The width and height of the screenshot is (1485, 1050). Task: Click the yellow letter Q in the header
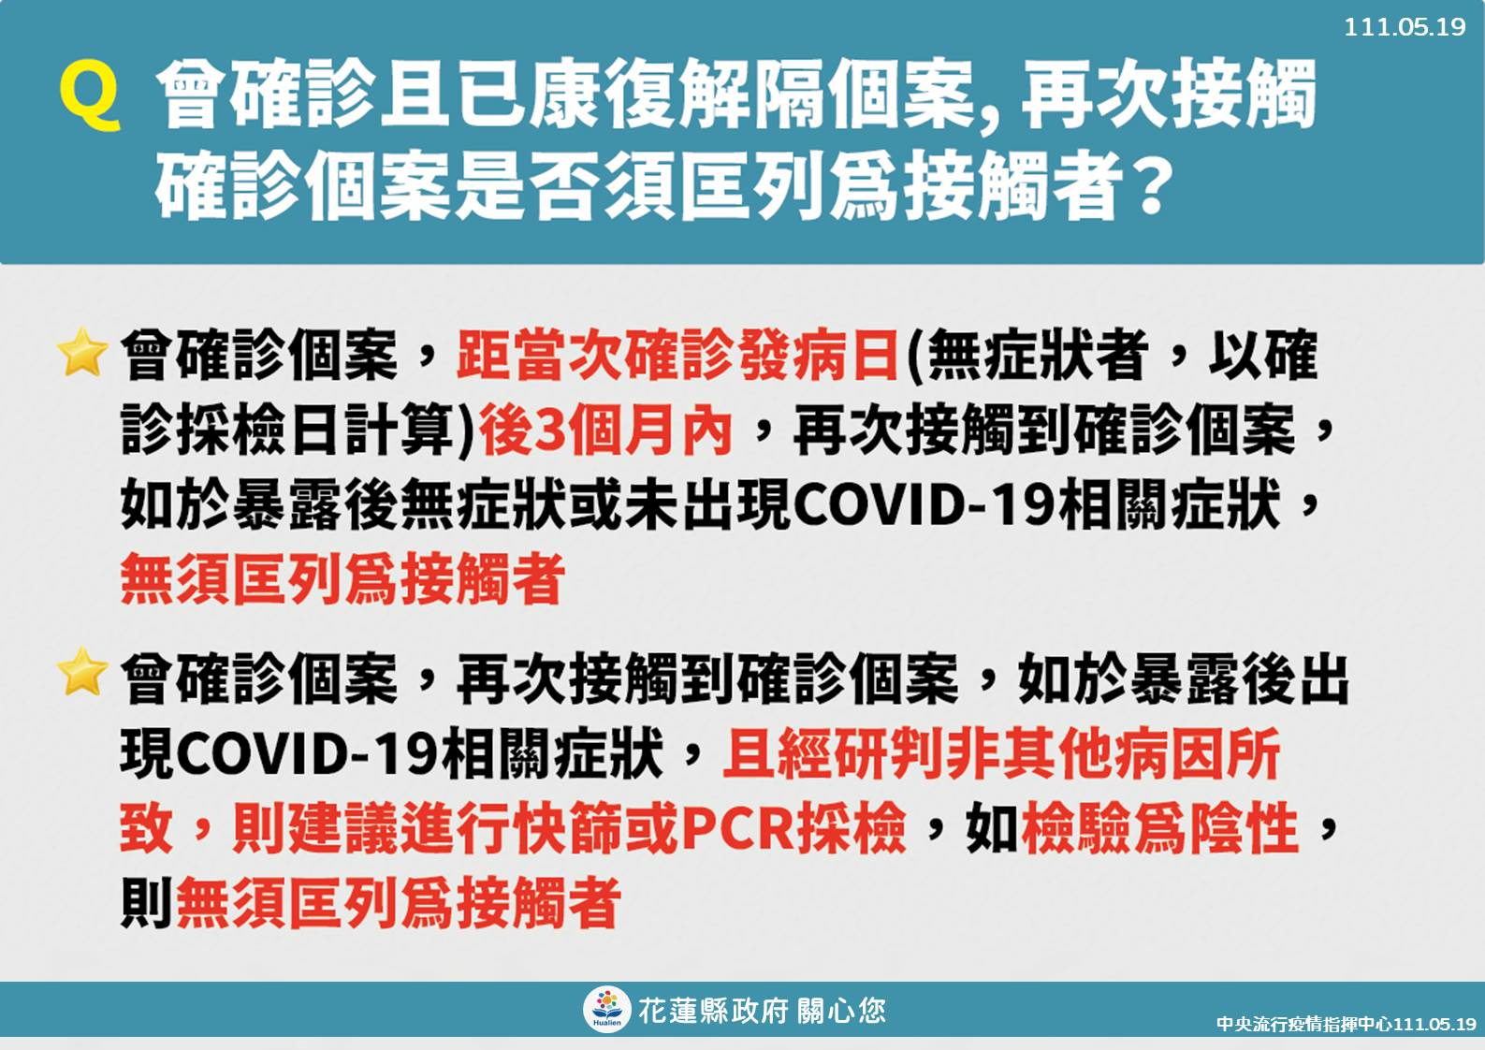tap(90, 95)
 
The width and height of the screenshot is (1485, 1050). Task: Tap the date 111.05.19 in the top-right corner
tap(1405, 26)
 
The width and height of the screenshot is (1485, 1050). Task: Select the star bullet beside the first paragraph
tap(82, 351)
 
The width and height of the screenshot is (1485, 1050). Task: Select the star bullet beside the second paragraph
tap(82, 672)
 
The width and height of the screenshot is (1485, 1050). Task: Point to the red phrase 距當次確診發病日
tap(677, 356)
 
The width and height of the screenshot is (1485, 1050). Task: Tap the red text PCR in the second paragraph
tap(737, 828)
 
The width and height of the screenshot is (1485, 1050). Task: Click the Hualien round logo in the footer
tap(606, 1009)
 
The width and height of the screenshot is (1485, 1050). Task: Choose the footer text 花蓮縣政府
tap(713, 1011)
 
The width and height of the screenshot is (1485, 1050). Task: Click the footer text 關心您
tap(841, 1011)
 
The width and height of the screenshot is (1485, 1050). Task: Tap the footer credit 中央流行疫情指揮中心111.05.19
tap(1346, 1024)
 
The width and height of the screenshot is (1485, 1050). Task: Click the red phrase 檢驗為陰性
tap(1159, 828)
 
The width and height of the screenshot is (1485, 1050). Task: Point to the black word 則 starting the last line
tap(146, 903)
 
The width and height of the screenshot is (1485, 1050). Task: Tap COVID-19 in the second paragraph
tap(307, 754)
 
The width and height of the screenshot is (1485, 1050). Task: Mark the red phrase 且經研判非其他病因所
tap(1002, 753)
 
